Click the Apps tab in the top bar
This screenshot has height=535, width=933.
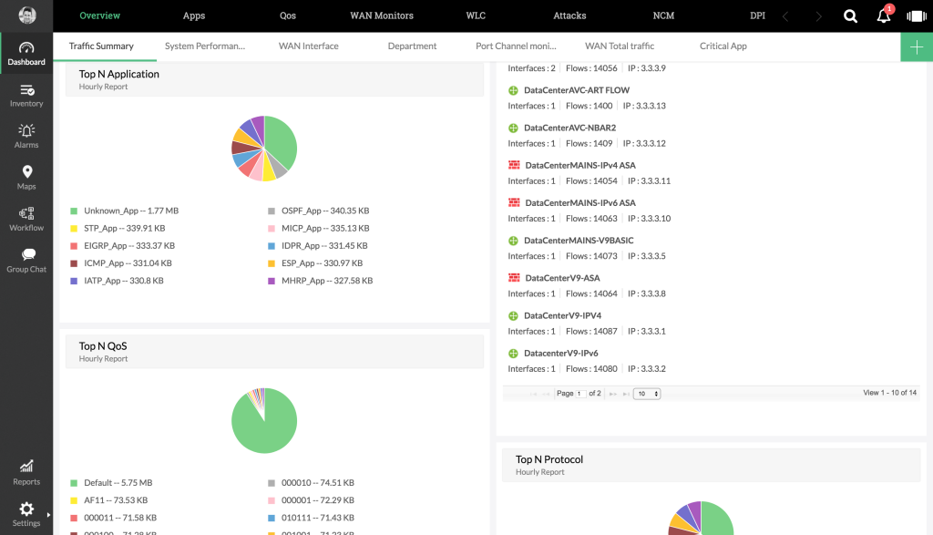[193, 15]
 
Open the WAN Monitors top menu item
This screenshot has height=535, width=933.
[382, 15]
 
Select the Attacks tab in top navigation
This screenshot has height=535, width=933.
[569, 15]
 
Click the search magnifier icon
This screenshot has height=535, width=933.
[850, 16]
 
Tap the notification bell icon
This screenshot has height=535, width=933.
[884, 16]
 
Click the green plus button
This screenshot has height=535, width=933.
[917, 46]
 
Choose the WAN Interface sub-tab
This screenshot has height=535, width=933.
[308, 46]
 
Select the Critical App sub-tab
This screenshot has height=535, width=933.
[723, 46]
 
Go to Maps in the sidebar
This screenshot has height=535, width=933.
[26, 178]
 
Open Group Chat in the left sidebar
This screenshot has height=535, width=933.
[26, 261]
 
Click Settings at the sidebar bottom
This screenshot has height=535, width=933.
[26, 514]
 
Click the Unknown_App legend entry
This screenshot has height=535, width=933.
[123, 211]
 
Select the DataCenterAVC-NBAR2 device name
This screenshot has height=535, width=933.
[569, 128]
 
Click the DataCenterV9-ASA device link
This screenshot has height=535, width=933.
[562, 278]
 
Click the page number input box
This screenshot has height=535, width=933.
[580, 394]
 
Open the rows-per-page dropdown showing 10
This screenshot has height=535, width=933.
[648, 394]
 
